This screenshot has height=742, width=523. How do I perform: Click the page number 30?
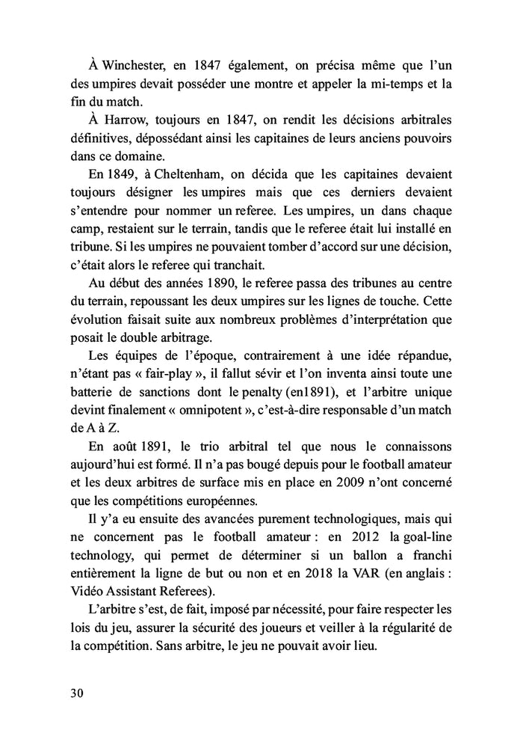click(75, 692)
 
